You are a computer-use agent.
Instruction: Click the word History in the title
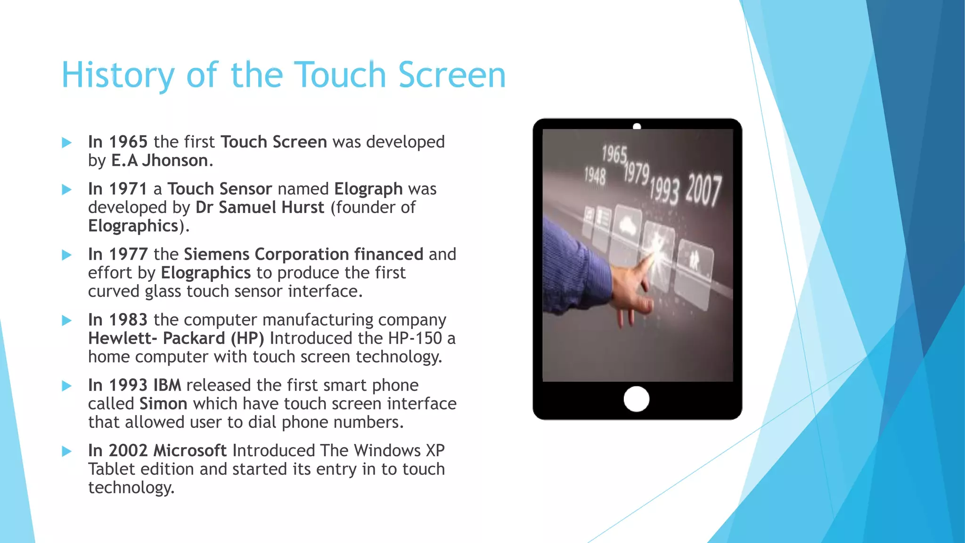point(118,75)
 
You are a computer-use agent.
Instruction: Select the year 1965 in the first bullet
point(128,142)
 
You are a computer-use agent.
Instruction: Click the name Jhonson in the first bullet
point(175,161)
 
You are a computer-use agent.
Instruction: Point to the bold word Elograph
point(368,189)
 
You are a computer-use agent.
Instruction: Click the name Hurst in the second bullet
point(303,207)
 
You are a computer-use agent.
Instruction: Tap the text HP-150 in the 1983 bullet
point(415,338)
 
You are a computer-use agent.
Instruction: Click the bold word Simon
point(163,404)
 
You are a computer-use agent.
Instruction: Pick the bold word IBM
point(167,386)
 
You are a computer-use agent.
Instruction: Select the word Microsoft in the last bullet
point(190,451)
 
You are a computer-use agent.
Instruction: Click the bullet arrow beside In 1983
point(67,321)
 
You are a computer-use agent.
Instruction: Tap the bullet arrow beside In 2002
point(67,452)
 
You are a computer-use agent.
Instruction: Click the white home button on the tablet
point(636,399)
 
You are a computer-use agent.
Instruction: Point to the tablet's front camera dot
point(637,126)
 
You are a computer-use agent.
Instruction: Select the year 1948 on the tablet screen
point(595,176)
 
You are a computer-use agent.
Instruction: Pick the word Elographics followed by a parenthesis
point(133,226)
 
